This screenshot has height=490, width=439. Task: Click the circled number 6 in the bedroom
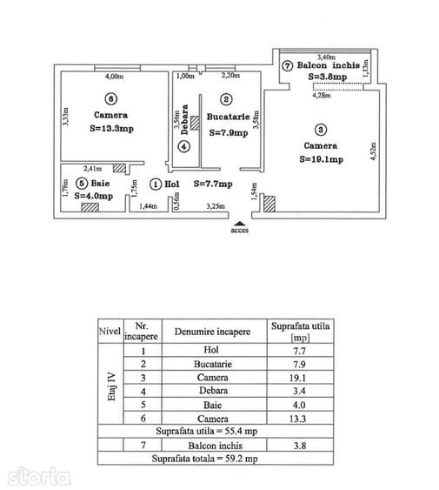coord(111,99)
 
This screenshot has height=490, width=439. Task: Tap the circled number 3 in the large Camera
coord(321,130)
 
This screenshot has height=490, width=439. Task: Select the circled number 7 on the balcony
coord(287,66)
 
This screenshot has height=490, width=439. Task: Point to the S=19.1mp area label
coord(322,159)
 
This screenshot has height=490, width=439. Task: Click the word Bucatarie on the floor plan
coord(229,117)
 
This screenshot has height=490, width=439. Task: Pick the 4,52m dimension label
coord(374,151)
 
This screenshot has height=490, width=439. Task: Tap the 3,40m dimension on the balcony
coord(326,57)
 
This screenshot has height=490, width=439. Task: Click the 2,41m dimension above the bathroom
coord(92,169)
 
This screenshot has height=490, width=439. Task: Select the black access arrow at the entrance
coord(239,223)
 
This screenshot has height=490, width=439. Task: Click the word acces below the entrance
coord(239,231)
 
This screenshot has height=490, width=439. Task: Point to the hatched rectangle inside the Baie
coord(90,207)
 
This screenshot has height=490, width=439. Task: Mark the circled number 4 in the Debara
coord(184,146)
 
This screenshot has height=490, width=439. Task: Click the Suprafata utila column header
coord(301,332)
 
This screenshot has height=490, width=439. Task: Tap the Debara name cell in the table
coord(214,391)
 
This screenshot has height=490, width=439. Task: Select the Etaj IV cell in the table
coord(111,384)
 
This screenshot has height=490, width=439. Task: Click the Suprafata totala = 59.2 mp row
coord(216,459)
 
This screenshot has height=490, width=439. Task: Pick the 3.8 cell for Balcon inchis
coord(301,445)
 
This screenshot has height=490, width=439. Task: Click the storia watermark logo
coord(38,477)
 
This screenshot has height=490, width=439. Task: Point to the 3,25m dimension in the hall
coord(216,206)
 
